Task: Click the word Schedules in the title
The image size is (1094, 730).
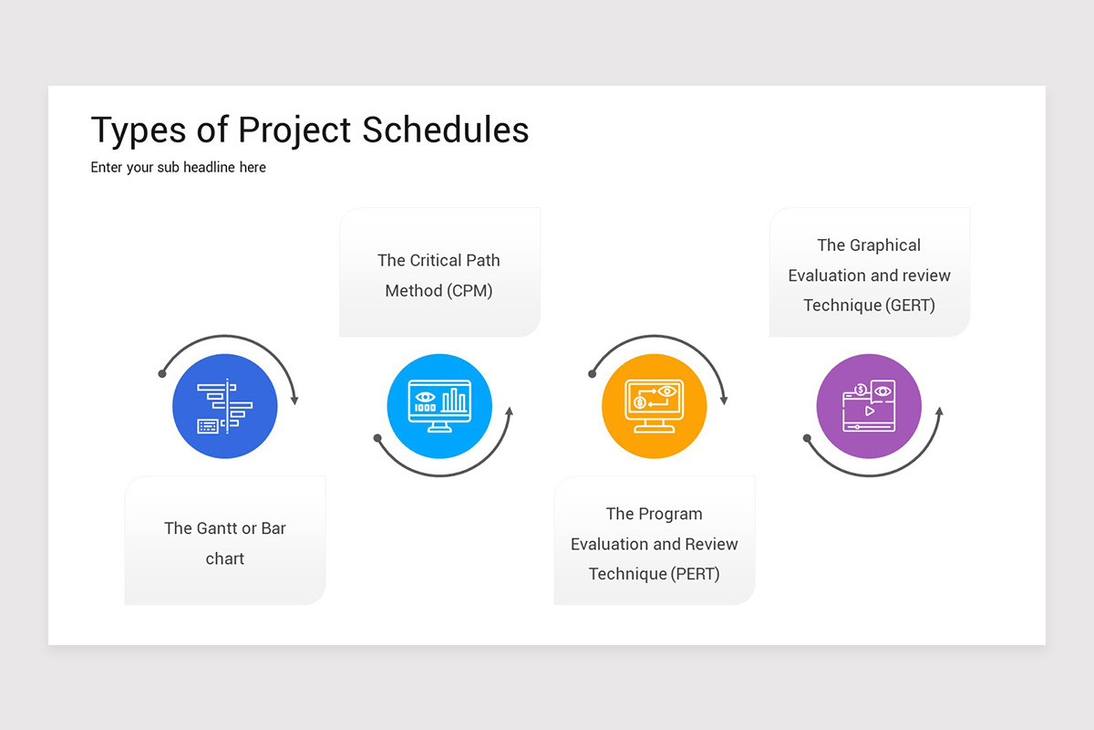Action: click(445, 130)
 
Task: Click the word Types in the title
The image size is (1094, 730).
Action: click(139, 131)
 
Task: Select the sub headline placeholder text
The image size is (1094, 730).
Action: click(178, 168)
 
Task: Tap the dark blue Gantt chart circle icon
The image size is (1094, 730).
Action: click(224, 406)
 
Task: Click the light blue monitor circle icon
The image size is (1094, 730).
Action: click(439, 406)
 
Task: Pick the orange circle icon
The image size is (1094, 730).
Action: click(654, 406)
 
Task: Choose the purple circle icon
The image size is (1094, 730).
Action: click(869, 406)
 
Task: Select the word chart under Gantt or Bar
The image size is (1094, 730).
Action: click(225, 558)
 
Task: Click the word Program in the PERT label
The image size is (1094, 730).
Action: click(673, 514)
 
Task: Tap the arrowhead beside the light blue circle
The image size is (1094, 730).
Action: click(509, 412)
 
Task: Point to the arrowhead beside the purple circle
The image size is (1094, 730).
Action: click(938, 412)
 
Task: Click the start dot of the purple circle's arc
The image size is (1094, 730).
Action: click(807, 438)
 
